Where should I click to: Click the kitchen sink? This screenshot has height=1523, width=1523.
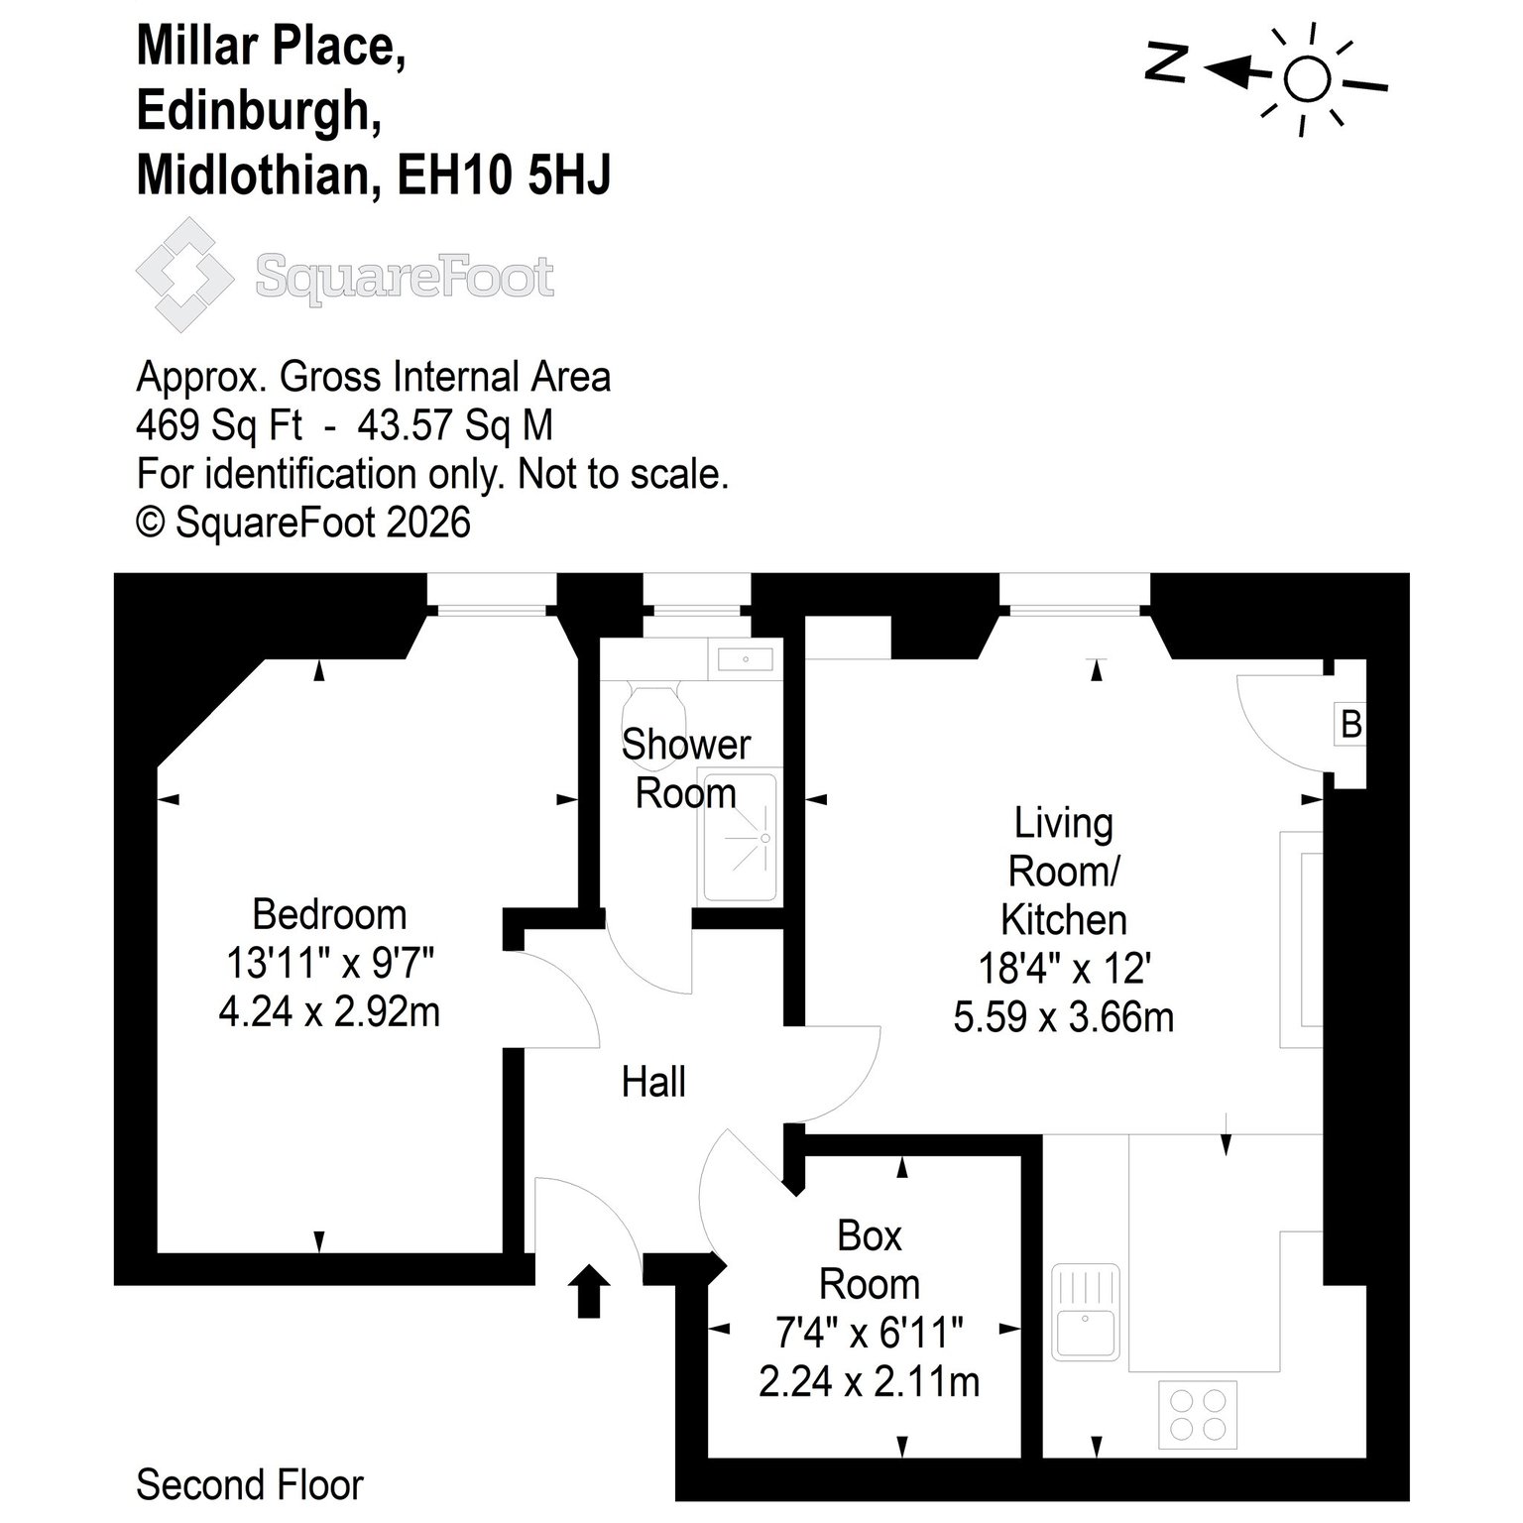tap(1086, 1311)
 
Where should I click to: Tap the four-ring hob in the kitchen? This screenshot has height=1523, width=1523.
tap(1197, 1413)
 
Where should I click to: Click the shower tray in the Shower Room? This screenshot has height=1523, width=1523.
tap(740, 838)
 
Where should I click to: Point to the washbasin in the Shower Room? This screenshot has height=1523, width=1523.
tap(745, 658)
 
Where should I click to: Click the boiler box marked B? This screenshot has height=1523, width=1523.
tap(1350, 724)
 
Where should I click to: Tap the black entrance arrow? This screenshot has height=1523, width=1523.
tap(589, 1290)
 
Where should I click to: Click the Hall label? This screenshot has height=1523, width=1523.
tap(653, 1082)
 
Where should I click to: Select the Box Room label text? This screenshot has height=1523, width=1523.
tap(870, 1259)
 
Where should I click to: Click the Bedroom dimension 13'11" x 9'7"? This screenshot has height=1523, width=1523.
tap(330, 962)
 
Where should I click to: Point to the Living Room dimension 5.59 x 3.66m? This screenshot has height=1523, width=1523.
tap(1064, 1017)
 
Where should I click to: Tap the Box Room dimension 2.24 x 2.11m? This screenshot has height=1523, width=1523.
tap(870, 1381)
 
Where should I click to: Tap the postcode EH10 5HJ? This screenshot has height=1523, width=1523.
tap(505, 176)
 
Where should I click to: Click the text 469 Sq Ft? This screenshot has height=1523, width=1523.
tap(219, 425)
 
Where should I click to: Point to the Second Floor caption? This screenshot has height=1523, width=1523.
tap(250, 1484)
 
